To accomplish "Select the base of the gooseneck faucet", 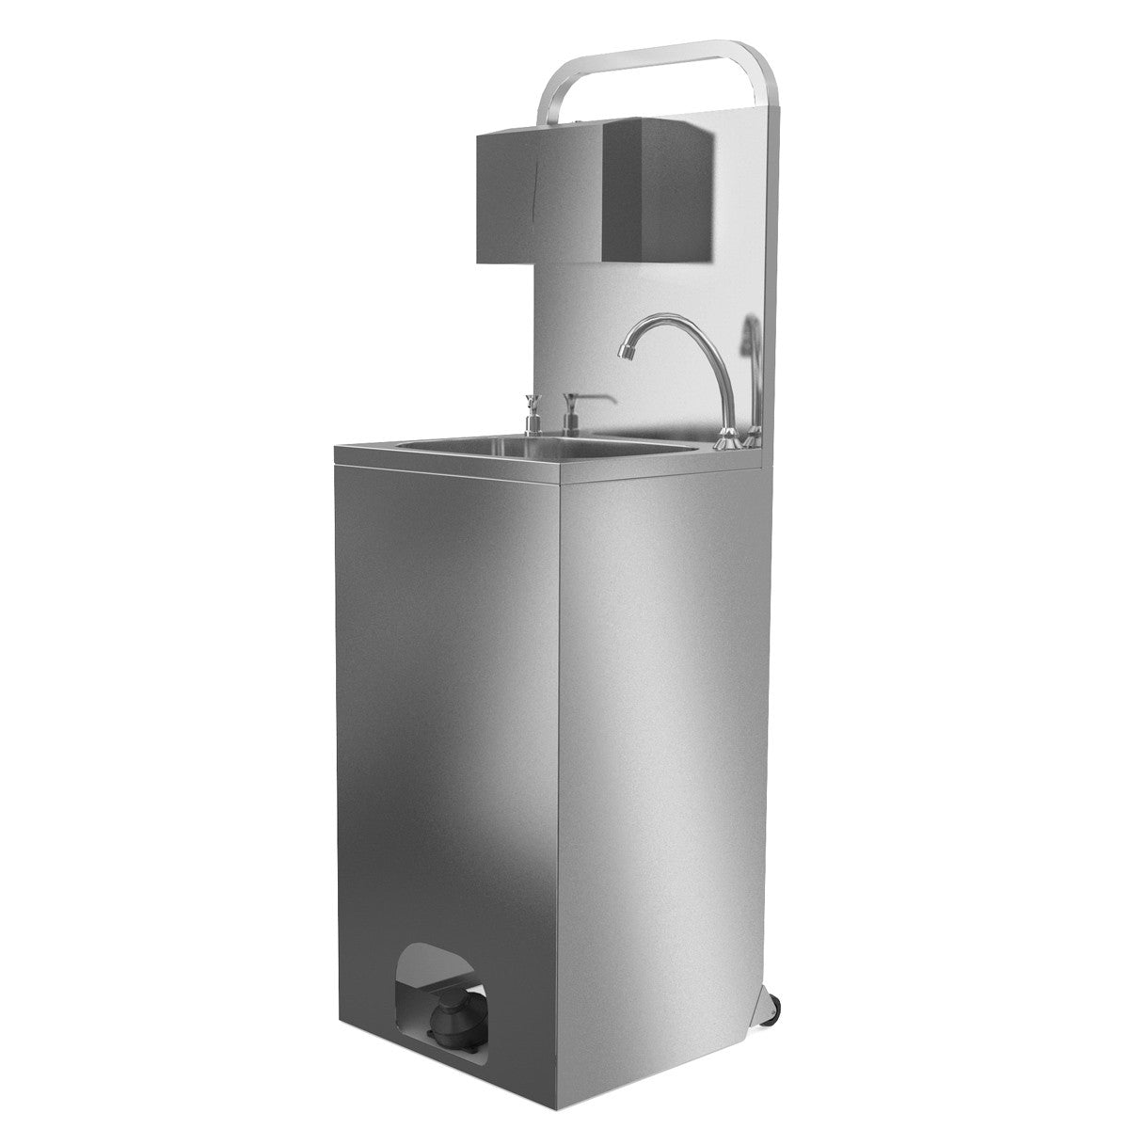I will [727, 436].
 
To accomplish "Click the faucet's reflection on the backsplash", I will [750, 376].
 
